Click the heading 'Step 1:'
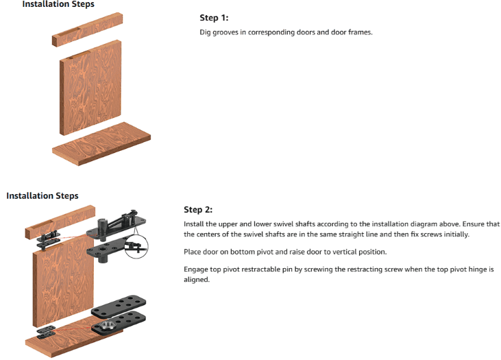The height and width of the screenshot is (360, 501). pyautogui.click(x=214, y=18)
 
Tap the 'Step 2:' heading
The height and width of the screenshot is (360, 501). pyautogui.click(x=198, y=209)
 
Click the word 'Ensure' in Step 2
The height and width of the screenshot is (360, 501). pyautogui.click(x=473, y=224)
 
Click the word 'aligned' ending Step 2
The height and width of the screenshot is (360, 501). pyautogui.click(x=196, y=280)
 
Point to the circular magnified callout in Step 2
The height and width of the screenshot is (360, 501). pyautogui.click(x=136, y=246)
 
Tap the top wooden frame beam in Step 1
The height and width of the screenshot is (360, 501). pyautogui.click(x=87, y=29)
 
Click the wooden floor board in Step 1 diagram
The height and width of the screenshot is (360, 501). pyautogui.click(x=101, y=144)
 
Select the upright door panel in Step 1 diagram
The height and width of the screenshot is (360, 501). pyautogui.click(x=90, y=88)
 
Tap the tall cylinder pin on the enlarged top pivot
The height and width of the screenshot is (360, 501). pyautogui.click(x=101, y=229)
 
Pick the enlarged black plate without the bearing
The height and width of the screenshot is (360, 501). pyautogui.click(x=119, y=307)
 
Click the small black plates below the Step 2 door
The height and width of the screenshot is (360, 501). pyautogui.click(x=47, y=332)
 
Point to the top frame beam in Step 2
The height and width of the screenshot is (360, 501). pyautogui.click(x=60, y=222)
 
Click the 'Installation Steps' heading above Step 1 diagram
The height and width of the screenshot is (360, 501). pyautogui.click(x=58, y=4)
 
